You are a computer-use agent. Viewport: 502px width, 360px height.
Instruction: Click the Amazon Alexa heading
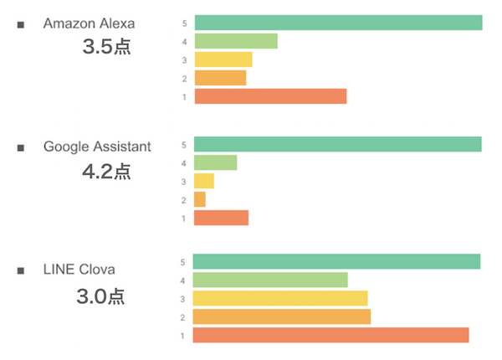click(x=89, y=23)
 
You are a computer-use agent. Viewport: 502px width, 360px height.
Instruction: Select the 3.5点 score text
click(x=107, y=47)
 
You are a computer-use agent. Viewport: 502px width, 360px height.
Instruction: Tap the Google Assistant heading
click(x=97, y=147)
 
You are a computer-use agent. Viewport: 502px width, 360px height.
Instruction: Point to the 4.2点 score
click(x=106, y=172)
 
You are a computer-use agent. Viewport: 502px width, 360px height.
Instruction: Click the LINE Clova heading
click(x=79, y=269)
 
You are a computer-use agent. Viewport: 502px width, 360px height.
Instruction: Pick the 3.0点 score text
click(x=100, y=295)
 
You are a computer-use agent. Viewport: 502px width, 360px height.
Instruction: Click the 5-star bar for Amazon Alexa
click(x=338, y=23)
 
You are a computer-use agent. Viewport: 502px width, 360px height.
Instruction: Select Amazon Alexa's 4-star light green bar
click(x=236, y=41)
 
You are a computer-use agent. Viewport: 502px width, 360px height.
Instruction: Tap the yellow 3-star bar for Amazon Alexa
click(x=223, y=59)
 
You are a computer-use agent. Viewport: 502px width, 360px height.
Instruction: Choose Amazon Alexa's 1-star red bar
click(x=270, y=96)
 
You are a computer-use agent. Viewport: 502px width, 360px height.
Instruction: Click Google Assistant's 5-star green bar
click(x=337, y=144)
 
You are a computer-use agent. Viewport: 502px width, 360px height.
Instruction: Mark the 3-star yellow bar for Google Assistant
click(x=204, y=181)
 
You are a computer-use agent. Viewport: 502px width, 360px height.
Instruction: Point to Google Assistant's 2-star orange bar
click(x=200, y=199)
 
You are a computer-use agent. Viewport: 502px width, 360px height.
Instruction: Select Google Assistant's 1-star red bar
click(x=221, y=218)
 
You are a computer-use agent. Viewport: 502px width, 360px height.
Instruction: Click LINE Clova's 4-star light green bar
click(x=270, y=280)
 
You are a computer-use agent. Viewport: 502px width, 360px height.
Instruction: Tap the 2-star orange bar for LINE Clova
click(x=281, y=316)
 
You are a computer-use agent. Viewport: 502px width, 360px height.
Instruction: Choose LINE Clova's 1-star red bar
click(x=330, y=335)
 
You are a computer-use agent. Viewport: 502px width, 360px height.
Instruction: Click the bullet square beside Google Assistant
click(x=21, y=148)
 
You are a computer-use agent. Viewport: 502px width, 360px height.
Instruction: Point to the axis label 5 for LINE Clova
click(x=182, y=262)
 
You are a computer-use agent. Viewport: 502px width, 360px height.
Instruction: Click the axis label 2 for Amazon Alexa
click(x=183, y=79)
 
